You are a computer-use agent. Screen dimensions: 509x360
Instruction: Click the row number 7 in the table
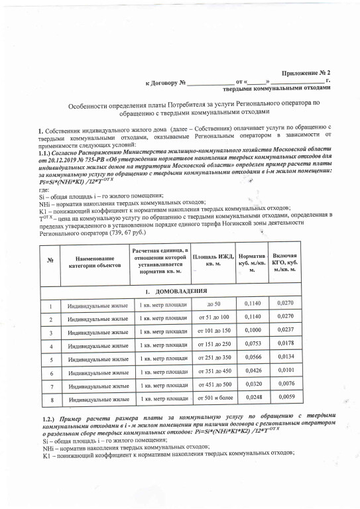click(50, 386)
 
